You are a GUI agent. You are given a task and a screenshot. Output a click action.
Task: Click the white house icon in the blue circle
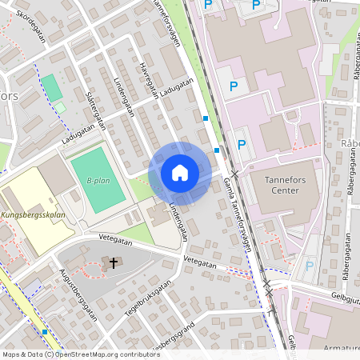179,172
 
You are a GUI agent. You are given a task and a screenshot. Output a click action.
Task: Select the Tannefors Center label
291,184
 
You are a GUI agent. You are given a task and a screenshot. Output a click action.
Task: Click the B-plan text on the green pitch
98,181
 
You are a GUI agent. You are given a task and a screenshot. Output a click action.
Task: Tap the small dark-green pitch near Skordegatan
50,86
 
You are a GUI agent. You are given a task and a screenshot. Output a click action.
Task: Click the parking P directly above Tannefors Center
242,145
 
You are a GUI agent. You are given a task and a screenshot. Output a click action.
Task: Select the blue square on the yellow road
46,330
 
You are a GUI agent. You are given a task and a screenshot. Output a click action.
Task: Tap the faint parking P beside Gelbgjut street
310,266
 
